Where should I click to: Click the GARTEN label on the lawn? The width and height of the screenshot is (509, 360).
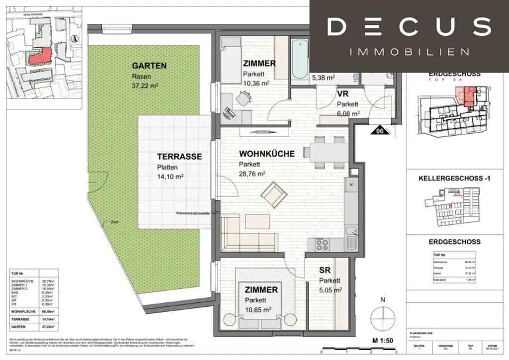(x=149, y=66)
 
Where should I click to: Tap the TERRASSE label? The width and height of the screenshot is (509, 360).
(x=179, y=156)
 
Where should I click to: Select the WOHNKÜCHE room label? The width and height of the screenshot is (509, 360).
(x=266, y=154)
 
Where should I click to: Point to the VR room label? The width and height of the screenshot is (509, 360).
(x=342, y=94)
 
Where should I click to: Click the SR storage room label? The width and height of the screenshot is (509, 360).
(x=325, y=270)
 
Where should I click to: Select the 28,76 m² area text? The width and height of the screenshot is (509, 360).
(x=252, y=174)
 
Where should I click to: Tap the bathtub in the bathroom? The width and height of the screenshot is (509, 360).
(x=300, y=59)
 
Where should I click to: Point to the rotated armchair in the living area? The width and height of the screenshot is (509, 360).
(x=273, y=195)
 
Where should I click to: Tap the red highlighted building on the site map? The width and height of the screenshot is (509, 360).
(x=40, y=56)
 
